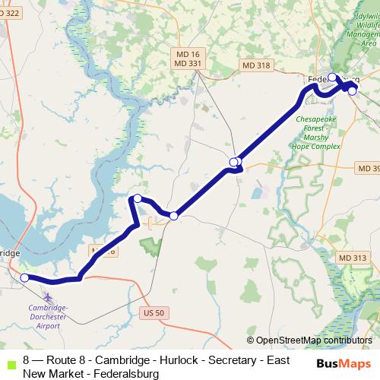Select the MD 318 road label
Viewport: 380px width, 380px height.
coord(256,65)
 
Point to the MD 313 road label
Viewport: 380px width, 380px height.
coord(353,258)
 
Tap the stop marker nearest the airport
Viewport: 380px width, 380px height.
coord(24,278)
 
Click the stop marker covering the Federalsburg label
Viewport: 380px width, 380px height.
coord(332,77)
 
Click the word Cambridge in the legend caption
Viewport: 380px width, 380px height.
coord(108,359)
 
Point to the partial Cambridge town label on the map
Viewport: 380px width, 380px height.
coord(9,252)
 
